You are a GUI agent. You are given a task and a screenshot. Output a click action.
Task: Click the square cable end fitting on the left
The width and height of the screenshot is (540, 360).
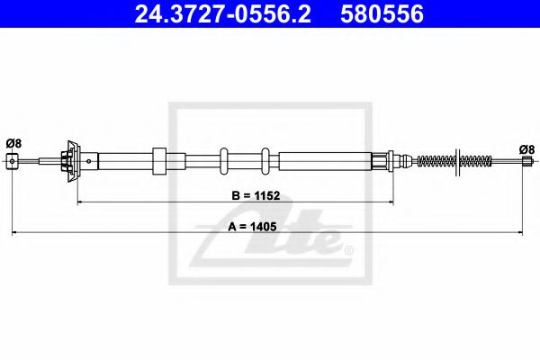[13, 161]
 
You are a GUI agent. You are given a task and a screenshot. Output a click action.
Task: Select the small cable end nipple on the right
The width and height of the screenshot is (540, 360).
[527, 162]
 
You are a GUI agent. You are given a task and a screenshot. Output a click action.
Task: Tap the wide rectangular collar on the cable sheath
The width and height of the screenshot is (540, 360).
[159, 161]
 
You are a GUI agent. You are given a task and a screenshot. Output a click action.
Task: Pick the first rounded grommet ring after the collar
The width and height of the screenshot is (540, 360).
[224, 161]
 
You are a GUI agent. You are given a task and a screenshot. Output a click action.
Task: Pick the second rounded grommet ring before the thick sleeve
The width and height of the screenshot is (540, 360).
[265, 161]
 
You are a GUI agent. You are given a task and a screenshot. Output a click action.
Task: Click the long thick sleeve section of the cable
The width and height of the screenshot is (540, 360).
[325, 161]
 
